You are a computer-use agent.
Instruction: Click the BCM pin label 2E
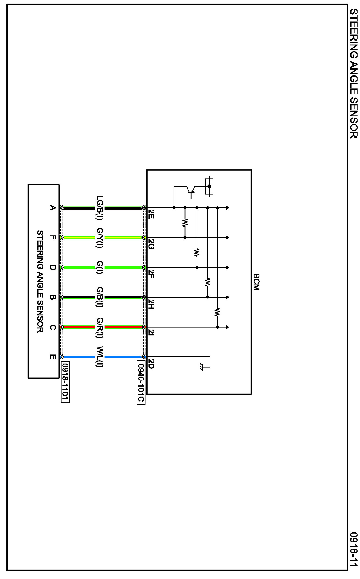[x=151, y=214]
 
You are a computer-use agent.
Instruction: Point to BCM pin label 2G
[x=151, y=244]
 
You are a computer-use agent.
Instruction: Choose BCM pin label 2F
[x=151, y=274]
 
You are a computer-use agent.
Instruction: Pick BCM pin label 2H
[x=151, y=304]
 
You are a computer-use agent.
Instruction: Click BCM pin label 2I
[x=151, y=332]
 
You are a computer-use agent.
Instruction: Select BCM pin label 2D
[x=151, y=363]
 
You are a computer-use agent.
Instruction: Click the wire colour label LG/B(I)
[x=100, y=207]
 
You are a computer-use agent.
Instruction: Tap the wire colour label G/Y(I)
[x=100, y=238]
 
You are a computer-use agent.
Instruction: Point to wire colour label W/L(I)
[x=100, y=356]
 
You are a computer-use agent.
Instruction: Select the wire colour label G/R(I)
[x=100, y=327]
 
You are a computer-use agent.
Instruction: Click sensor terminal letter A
[x=52, y=207]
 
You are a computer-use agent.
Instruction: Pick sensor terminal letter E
[x=52, y=356]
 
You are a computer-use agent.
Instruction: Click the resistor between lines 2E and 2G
[x=185, y=223]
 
